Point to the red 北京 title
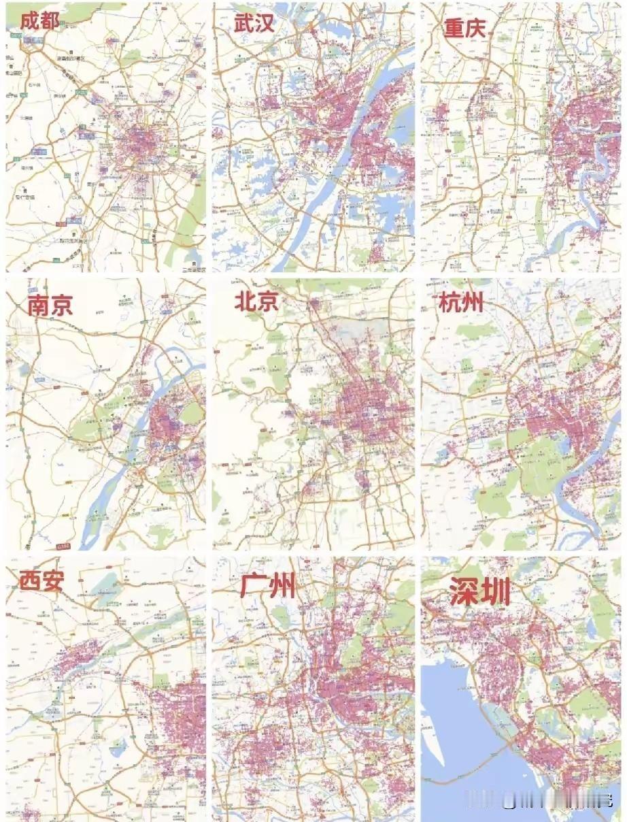tap(256, 301)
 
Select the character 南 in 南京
tap(39, 305)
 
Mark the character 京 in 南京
tap(61, 305)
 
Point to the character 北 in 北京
tap(245, 301)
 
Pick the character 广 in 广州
tap(253, 585)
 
